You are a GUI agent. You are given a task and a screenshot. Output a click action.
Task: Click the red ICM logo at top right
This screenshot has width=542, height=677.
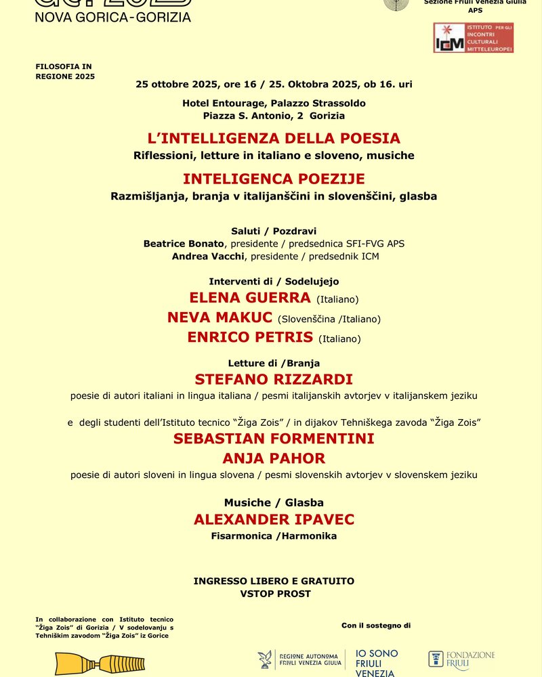(x=473, y=38)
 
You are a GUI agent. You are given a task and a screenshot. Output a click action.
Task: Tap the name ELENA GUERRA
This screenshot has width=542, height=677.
(x=250, y=297)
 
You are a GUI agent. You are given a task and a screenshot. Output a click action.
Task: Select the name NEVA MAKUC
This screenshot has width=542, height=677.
(x=220, y=318)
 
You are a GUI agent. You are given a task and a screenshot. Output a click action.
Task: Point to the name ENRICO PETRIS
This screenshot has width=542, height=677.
(x=250, y=337)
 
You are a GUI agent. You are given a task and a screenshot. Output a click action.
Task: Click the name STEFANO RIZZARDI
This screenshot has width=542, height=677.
(x=274, y=379)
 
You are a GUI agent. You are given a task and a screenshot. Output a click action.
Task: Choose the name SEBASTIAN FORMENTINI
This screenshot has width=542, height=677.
(x=274, y=438)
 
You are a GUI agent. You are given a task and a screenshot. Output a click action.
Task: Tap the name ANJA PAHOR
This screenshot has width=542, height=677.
(x=274, y=458)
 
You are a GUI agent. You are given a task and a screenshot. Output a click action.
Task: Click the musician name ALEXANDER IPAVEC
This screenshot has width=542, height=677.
(x=274, y=519)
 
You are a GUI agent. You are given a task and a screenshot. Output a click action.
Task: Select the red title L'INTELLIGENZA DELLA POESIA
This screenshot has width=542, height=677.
(x=274, y=138)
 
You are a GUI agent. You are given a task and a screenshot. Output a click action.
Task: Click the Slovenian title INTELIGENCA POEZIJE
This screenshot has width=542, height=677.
(x=274, y=179)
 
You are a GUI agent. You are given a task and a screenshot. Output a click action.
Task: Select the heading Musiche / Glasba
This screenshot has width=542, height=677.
(x=274, y=502)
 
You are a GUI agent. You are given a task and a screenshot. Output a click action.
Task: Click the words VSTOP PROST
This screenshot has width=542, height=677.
(x=274, y=594)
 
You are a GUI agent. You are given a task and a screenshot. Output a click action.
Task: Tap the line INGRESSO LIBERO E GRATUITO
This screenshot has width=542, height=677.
(x=274, y=581)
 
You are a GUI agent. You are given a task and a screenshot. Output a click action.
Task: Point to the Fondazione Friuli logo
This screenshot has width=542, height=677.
(x=461, y=660)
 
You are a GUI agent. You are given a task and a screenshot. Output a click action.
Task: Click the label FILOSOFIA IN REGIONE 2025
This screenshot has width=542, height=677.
(x=65, y=71)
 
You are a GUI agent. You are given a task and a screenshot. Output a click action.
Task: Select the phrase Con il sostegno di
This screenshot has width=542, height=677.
(x=376, y=626)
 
